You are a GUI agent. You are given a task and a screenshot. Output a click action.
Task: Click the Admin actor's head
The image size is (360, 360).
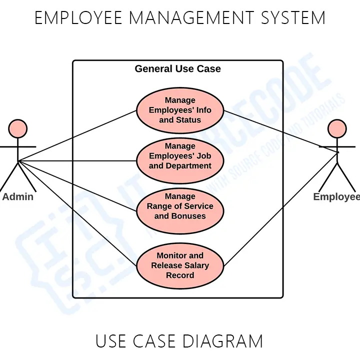pos(18,129)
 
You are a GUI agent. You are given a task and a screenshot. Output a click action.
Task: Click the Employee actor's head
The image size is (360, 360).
pos(336,129)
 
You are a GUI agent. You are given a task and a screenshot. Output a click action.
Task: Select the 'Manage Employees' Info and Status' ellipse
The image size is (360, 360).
pos(180,110)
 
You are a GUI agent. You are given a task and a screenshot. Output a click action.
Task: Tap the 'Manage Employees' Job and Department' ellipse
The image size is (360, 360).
pos(180,156)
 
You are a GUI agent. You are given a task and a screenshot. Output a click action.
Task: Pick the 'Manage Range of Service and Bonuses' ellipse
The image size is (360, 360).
pos(180,206)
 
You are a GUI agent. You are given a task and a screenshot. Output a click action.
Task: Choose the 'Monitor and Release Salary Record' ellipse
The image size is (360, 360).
pos(180,265)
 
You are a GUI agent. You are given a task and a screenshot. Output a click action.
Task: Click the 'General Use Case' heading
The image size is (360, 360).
pos(177,69)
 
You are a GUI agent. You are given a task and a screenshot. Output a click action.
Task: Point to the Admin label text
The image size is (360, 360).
pos(18,196)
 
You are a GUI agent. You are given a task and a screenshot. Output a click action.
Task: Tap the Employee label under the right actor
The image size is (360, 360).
pos(336,196)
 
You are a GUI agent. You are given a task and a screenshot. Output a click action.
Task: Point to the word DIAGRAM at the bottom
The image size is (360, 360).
pos(222,341)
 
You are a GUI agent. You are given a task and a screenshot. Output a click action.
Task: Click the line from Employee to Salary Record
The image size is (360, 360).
pos(280,210)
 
